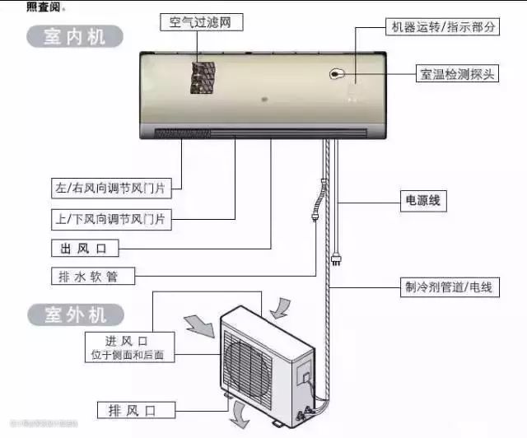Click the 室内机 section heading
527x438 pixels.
(75, 36)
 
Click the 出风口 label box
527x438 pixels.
(85, 248)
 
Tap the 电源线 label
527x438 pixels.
(422, 199)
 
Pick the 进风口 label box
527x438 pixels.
(128, 347)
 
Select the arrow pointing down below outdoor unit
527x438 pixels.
(240, 412)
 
